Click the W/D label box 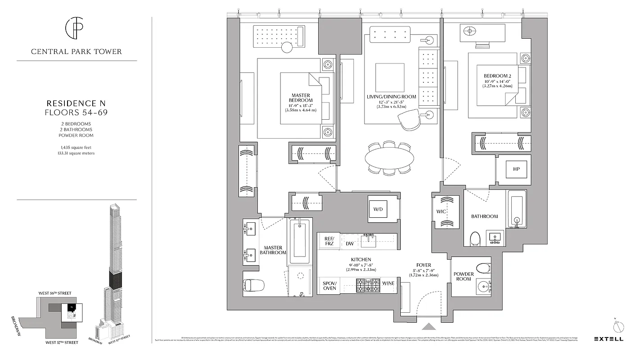pyautogui.click(x=378, y=209)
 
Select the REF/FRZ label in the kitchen pyautogui.click(x=329, y=241)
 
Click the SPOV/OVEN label pyautogui.click(x=329, y=285)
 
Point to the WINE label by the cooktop pyautogui.click(x=388, y=283)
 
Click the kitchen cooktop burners pyautogui.click(x=368, y=285)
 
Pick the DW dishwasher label pyautogui.click(x=350, y=244)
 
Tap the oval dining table pyautogui.click(x=389, y=158)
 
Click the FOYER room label pyautogui.click(x=424, y=265)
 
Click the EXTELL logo pyautogui.click(x=608, y=339)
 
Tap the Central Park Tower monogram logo pyautogui.click(x=76, y=29)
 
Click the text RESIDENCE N pyautogui.click(x=77, y=103)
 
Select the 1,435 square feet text pyautogui.click(x=77, y=147)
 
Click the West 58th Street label pyautogui.click(x=55, y=293)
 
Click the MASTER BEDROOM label pyautogui.click(x=302, y=98)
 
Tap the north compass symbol pyautogui.click(x=619, y=326)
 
